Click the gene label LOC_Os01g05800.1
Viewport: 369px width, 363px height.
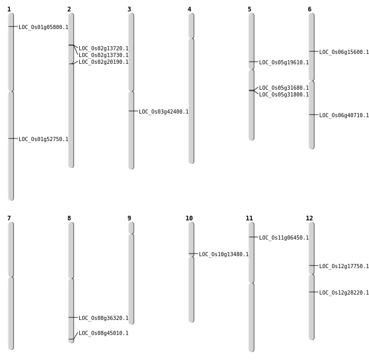pos(44,27)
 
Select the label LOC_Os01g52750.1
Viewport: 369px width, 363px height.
pos(44,139)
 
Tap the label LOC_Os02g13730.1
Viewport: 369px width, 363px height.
pos(104,55)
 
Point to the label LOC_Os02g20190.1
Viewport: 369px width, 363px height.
pos(104,62)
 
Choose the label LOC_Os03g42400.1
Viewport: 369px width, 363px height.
pos(164,111)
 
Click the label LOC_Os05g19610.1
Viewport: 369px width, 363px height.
pos(284,62)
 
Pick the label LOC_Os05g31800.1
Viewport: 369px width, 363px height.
pos(284,94)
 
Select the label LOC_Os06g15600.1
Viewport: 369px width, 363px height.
pos(344,52)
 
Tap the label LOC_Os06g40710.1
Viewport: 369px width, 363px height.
pos(344,115)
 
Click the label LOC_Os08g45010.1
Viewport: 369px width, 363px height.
pos(104,333)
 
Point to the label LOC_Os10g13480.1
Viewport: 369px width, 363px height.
pos(224,254)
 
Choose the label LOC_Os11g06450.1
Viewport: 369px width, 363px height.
pos(284,238)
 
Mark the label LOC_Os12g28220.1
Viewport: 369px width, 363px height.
pos(344,292)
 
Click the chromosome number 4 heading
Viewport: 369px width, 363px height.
pos(189,9)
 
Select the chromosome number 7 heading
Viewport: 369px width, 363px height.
pos(9,218)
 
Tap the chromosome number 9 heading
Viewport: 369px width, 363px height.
pos(129,218)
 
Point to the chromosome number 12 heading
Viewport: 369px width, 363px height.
pos(309,218)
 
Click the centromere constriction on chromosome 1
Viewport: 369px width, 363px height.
pos(11,91)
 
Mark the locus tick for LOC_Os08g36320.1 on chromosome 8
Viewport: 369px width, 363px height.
pos(71,317)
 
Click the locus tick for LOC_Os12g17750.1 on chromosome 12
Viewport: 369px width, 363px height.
pos(311,266)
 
